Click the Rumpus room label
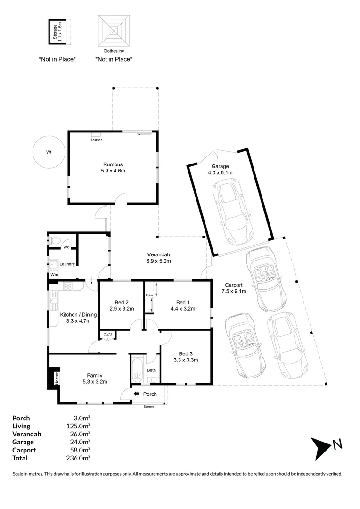point(114,164)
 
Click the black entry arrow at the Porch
point(137,394)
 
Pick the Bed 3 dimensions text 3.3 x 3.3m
point(186,360)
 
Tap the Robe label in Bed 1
point(149,295)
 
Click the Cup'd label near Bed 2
point(107,335)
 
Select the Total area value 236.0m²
point(80,458)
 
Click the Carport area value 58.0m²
point(80,450)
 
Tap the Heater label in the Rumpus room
point(95,140)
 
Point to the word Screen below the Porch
point(148,406)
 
